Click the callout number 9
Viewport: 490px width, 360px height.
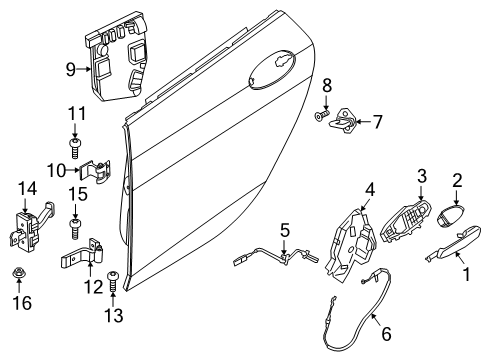point(71,70)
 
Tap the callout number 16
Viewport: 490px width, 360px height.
point(22,303)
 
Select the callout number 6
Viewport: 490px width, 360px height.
point(386,334)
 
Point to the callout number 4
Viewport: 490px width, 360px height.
point(370,189)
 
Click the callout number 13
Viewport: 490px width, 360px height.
point(114,315)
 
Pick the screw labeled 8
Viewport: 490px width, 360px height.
point(322,115)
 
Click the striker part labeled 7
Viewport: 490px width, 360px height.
point(342,121)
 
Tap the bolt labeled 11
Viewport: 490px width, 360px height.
point(75,148)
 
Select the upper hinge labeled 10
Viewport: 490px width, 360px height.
point(96,170)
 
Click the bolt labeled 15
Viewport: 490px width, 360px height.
point(75,228)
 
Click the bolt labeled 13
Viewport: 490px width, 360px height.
point(112,282)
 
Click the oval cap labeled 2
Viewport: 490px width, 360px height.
point(450,216)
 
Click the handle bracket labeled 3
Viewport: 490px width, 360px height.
point(405,220)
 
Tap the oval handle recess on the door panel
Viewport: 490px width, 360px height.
point(272,70)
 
